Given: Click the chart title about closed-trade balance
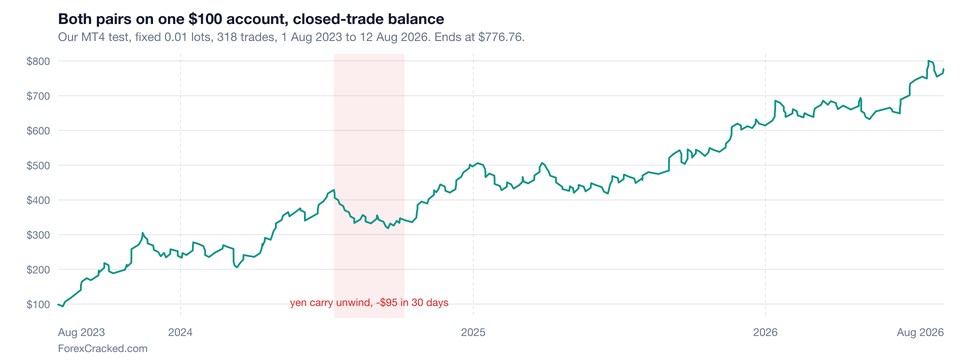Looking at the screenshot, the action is (x=251, y=18).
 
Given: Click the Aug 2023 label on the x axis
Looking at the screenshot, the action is (x=81, y=333).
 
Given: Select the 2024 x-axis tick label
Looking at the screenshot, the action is (x=180, y=333).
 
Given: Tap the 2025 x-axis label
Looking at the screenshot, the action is (x=473, y=333).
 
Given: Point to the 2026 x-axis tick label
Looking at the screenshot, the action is (x=765, y=333).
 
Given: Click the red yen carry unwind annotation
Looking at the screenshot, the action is (x=369, y=302).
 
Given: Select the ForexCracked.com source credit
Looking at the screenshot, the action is (x=102, y=348).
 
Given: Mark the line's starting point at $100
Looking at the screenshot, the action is (x=58, y=304).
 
